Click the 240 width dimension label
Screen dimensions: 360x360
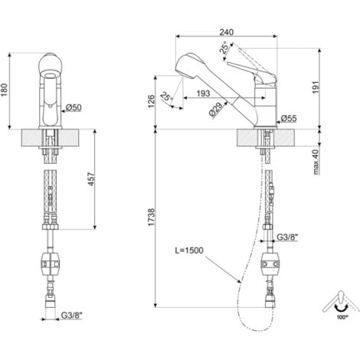[227, 32]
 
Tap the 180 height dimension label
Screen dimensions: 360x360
[5, 90]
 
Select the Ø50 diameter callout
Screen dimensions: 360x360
[74, 107]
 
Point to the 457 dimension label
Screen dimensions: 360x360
[91, 179]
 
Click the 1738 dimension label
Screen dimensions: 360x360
[152, 217]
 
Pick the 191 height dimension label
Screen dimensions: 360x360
[316, 87]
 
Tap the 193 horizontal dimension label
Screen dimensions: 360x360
[203, 93]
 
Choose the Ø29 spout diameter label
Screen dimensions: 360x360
[215, 110]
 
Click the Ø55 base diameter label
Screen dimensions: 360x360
[289, 118]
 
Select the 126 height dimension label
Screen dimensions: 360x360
[151, 101]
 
